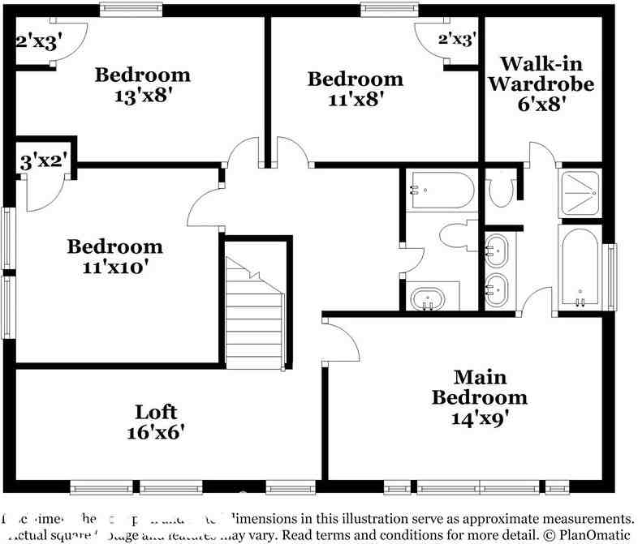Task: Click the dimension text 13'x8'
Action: pyautogui.click(x=143, y=96)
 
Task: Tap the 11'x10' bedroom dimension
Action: pyautogui.click(x=114, y=267)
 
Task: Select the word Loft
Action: pyautogui.click(x=156, y=411)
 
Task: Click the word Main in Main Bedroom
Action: pyautogui.click(x=479, y=377)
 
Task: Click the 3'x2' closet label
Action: pyautogui.click(x=43, y=161)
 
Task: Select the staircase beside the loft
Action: pyautogui.click(x=255, y=316)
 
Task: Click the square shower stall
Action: pyautogui.click(x=580, y=194)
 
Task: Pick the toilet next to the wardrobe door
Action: pyautogui.click(x=502, y=189)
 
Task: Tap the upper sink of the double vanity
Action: pyautogui.click(x=496, y=250)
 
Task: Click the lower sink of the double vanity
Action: pyautogui.click(x=496, y=287)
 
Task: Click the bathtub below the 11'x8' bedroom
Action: pyautogui.click(x=441, y=191)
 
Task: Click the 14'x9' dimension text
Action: pyautogui.click(x=479, y=418)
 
